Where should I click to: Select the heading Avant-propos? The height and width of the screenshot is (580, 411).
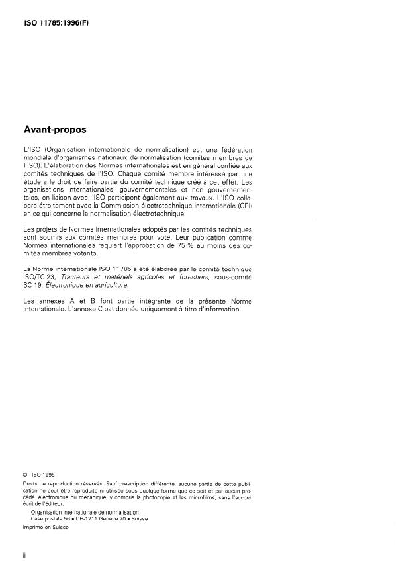pyautogui.click(x=56, y=130)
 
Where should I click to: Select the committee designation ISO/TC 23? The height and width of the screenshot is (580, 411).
pyautogui.click(x=42, y=278)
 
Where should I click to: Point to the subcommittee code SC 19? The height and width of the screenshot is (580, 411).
pyautogui.click(x=31, y=286)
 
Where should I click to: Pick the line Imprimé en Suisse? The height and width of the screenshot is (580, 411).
pyautogui.click(x=45, y=527)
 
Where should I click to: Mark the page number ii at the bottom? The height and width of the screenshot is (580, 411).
pyautogui.click(x=24, y=557)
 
